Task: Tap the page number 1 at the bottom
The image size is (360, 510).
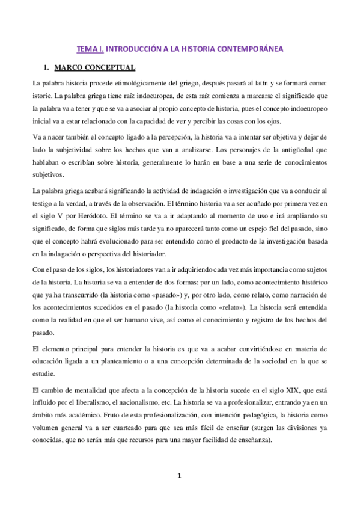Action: (179, 476)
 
